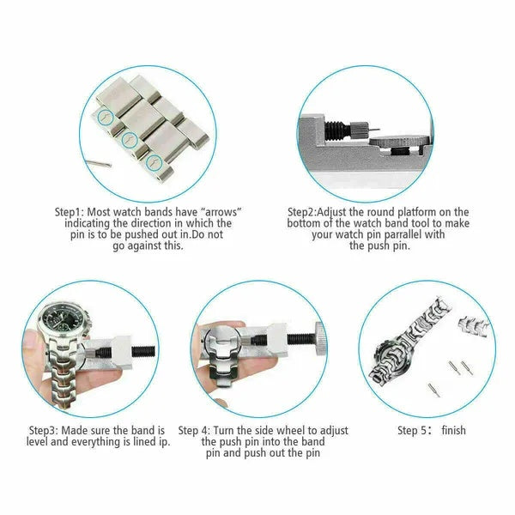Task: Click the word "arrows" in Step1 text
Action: (215, 211)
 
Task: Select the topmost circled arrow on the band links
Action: (103, 116)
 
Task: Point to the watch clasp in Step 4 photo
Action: (225, 352)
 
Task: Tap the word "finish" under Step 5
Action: (453, 429)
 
